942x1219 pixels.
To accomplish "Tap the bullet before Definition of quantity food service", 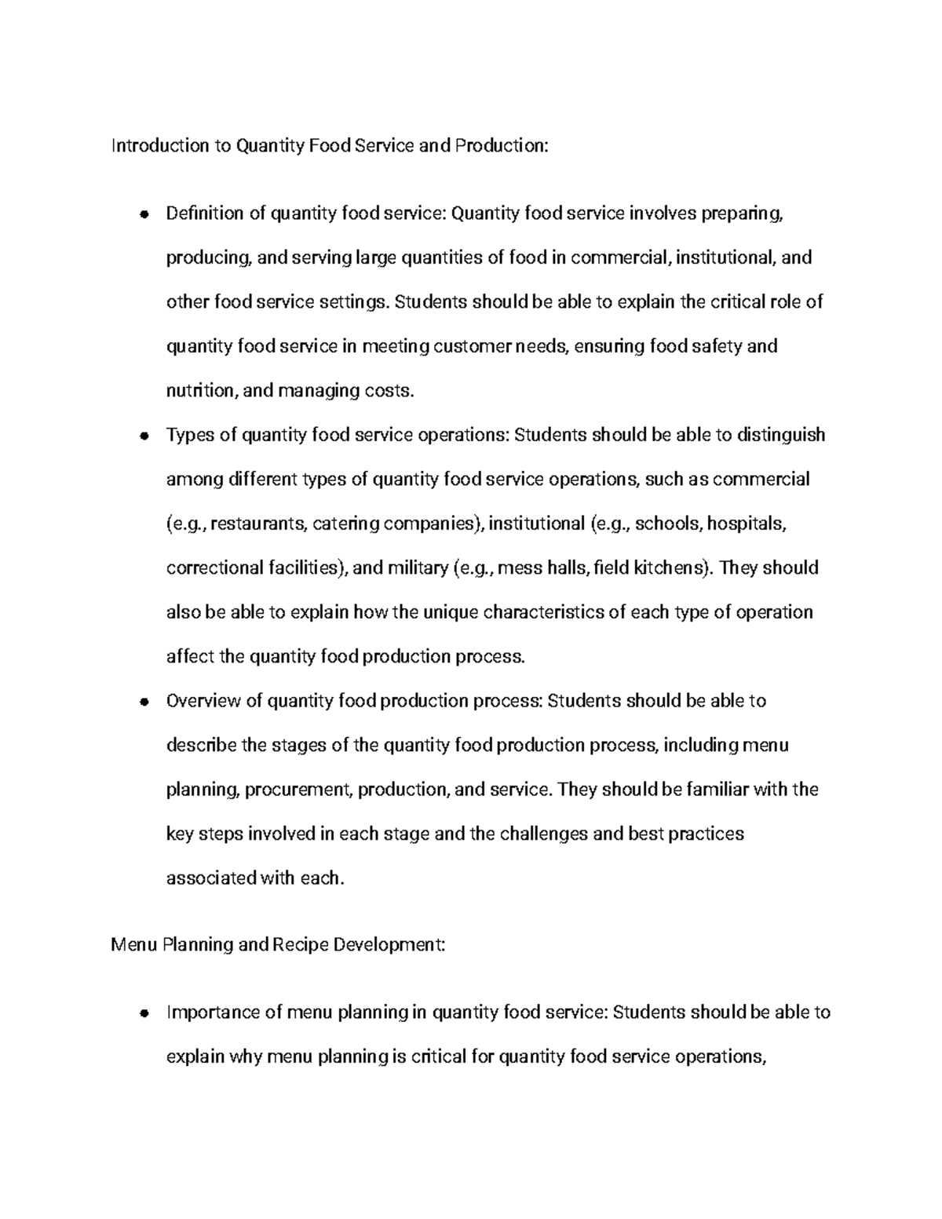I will click(x=143, y=214).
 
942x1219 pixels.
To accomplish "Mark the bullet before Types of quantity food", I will click(x=143, y=436).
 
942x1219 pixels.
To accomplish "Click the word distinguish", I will click(x=781, y=435).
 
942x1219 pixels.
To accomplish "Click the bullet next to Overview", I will click(x=143, y=702).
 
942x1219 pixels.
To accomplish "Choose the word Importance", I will click(x=210, y=1013).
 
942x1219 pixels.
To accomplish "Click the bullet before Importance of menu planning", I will click(x=143, y=1013).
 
